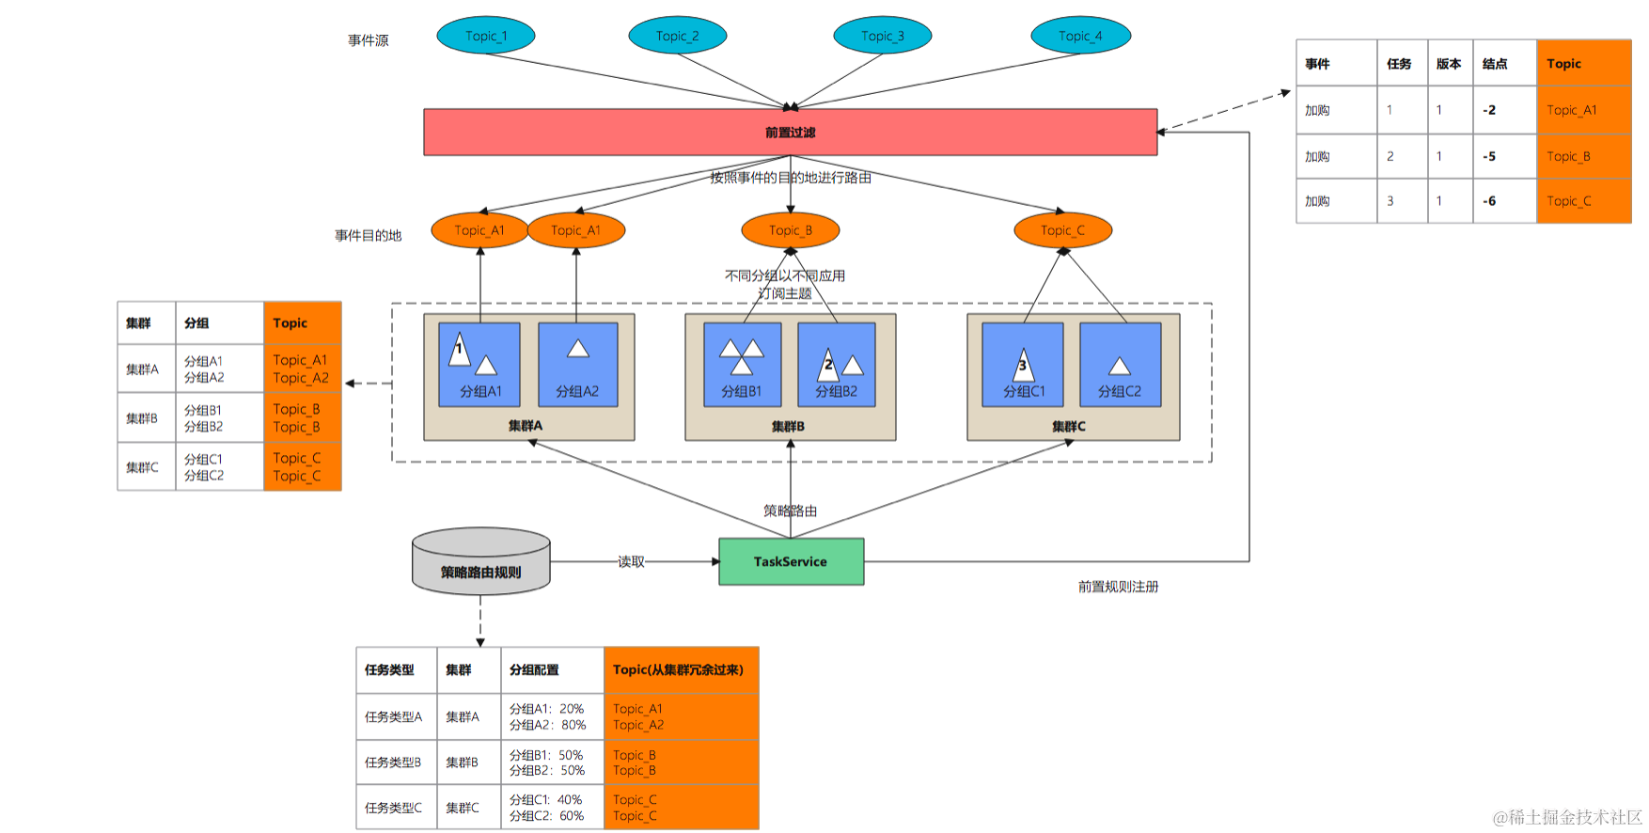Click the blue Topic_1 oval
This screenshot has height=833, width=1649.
point(486,36)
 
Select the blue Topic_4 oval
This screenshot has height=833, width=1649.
point(1080,36)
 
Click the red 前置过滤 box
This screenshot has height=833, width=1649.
point(790,133)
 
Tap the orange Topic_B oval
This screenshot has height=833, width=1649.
point(791,230)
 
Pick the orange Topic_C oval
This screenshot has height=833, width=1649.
point(1063,230)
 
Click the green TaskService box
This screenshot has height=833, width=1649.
point(791,561)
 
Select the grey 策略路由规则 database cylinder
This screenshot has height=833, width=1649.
point(481,561)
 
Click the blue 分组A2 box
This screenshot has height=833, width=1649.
point(577,365)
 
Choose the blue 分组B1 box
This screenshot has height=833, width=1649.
point(742,365)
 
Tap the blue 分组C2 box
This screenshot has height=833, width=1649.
point(1120,365)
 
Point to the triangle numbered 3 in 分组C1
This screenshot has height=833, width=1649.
point(1023,365)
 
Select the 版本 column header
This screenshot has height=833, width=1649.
point(1450,64)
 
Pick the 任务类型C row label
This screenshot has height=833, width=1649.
point(394,808)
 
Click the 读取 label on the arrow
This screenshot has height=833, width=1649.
point(631,561)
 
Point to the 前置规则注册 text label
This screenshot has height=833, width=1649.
point(1118,587)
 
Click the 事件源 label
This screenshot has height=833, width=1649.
point(368,40)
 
